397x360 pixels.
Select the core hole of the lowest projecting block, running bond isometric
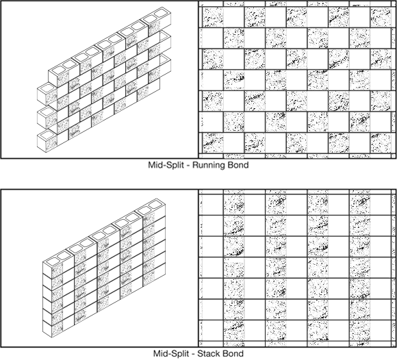(47, 136)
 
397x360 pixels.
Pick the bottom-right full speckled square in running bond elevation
(381, 143)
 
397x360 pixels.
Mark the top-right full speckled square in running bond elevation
(381, 17)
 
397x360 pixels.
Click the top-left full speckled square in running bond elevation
(213, 17)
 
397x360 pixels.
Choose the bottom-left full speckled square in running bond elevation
(213, 143)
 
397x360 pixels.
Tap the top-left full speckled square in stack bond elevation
(234, 205)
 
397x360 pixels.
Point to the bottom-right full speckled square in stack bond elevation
(359, 331)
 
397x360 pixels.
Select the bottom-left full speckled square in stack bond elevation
(234, 331)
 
